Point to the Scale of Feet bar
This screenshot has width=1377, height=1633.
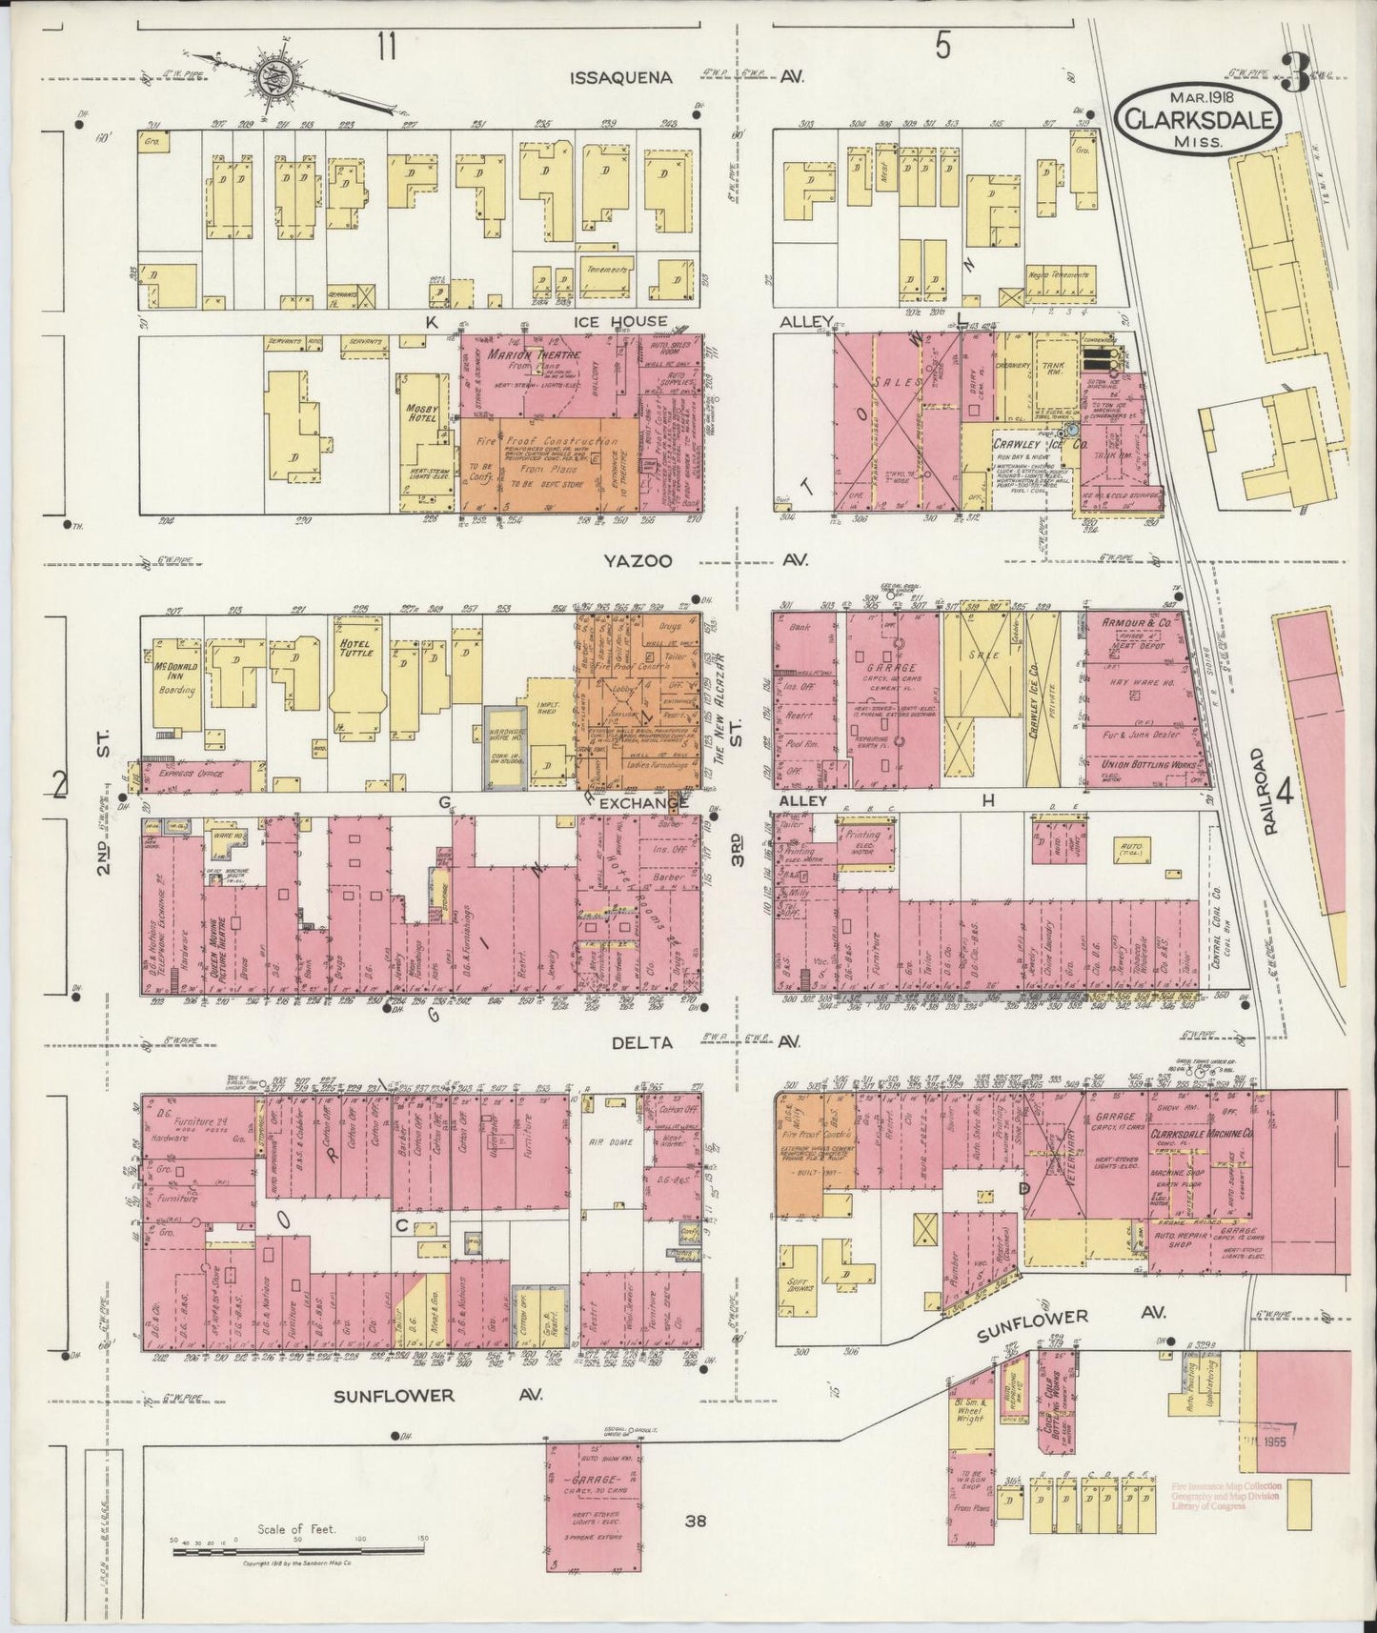[299, 1552]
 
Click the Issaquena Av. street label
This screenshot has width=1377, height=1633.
[621, 78]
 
